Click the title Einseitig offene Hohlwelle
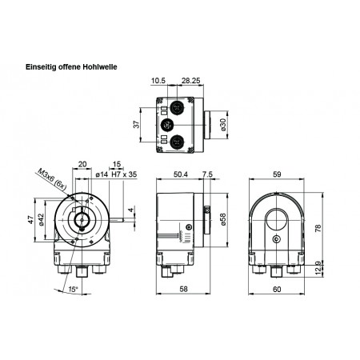(73, 67)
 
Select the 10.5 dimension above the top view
(158, 82)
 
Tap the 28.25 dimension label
(190, 82)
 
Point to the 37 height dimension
(136, 124)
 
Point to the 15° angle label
(74, 289)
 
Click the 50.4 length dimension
(180, 174)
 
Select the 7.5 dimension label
(208, 174)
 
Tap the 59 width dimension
(277, 174)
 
